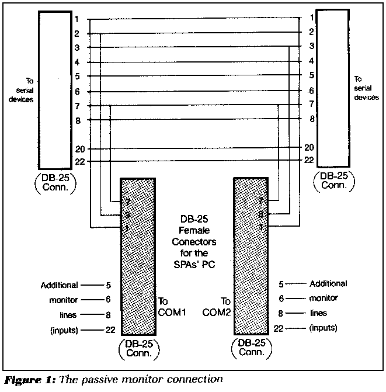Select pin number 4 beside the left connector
tap(77, 62)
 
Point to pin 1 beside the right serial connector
tap(312, 18)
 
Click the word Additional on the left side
tap(59, 285)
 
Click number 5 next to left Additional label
tap(109, 285)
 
